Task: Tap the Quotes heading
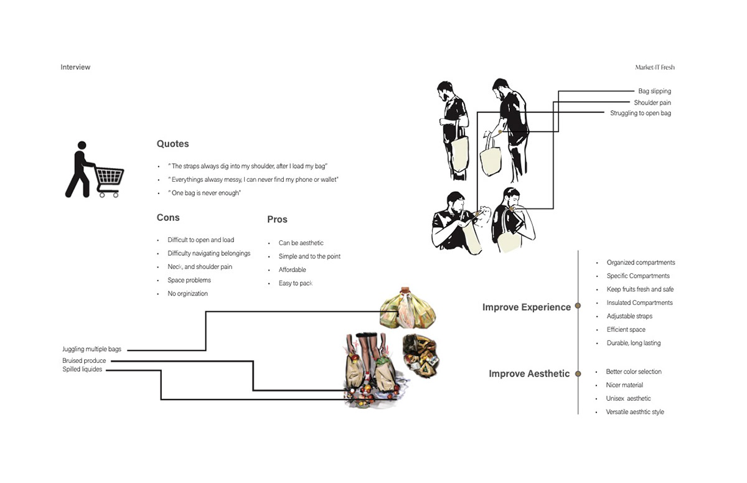point(172,144)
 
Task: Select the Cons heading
point(168,217)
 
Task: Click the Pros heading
point(277,219)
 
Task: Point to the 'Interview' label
point(75,67)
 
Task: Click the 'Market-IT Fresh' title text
point(654,67)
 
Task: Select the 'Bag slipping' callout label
point(654,91)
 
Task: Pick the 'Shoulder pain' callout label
point(652,103)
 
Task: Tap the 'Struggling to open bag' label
point(641,113)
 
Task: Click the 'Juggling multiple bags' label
point(92,350)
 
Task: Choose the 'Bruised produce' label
point(84,361)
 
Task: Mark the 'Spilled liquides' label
point(82,370)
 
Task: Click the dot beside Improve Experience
point(578,306)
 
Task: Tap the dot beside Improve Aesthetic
point(578,373)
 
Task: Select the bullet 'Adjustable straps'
point(629,316)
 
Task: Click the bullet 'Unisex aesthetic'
point(628,398)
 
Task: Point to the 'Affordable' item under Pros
point(292,270)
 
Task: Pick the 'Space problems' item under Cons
point(189,280)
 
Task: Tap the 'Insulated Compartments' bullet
point(639,303)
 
